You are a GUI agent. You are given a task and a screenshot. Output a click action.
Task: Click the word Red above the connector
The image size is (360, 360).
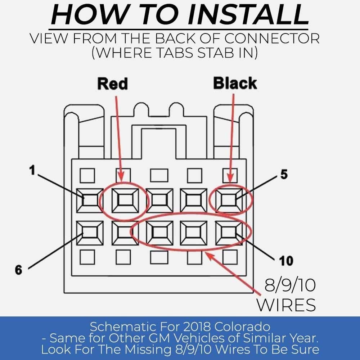coord(112,84)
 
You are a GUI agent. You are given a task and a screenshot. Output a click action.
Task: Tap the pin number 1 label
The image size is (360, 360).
coord(32,170)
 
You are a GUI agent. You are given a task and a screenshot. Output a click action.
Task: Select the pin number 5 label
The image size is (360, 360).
coord(284,174)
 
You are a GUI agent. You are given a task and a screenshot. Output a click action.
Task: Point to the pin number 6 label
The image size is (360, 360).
coord(19,270)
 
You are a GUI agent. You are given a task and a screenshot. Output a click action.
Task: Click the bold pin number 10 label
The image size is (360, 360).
coord(286,261)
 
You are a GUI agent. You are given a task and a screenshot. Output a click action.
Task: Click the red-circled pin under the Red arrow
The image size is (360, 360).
coord(125,201)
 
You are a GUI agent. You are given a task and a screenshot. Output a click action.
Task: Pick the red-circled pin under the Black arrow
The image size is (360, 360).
coord(229,201)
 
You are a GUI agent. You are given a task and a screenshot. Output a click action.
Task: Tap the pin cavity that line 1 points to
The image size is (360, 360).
coord(90,201)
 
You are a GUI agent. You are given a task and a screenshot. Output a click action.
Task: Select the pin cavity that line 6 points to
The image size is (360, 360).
coord(90,233)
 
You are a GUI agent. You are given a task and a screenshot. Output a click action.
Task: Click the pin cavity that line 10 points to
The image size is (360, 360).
coord(229,233)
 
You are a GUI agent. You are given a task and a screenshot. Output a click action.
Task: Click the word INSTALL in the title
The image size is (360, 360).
coord(248,14)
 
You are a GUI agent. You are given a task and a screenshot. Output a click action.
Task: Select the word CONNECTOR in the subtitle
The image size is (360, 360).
coord(272,39)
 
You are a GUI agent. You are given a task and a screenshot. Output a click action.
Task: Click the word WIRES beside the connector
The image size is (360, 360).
coord(286,305)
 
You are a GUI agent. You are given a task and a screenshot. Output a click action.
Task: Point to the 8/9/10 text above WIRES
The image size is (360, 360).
coord(290,285)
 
